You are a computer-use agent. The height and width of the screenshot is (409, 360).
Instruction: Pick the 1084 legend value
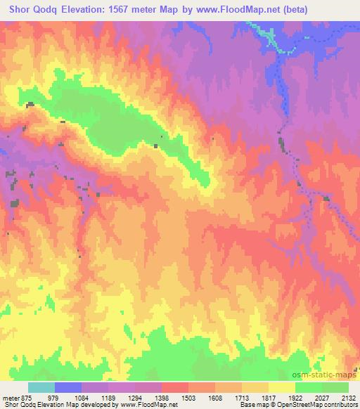[96, 397]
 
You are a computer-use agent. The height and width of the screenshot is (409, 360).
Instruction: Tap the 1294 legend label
[149, 397]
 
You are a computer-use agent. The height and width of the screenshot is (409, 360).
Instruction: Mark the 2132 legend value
[348, 397]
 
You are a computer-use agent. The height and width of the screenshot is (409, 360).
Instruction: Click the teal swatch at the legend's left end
[41, 387]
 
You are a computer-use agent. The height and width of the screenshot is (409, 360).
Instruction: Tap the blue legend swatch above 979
[68, 387]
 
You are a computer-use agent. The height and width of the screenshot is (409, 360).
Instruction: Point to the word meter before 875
[11, 397]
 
